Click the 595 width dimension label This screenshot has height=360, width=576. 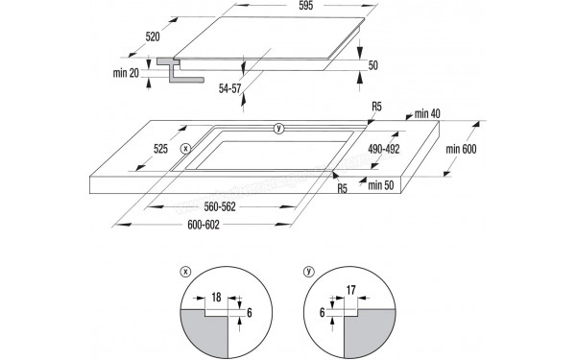point(305,6)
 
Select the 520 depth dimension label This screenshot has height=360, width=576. point(153,36)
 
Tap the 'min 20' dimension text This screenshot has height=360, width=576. point(126,73)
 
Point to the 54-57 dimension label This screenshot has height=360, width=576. point(230,88)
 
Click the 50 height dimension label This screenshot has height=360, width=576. point(372,65)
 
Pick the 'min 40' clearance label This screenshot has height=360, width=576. point(427,114)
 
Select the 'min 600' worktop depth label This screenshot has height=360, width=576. point(461,149)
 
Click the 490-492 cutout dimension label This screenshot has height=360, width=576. point(384,149)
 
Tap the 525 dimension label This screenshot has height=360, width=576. point(160,149)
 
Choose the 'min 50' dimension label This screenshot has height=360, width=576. point(381,185)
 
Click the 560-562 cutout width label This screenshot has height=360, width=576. point(220,206)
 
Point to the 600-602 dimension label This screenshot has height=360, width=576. point(204,225)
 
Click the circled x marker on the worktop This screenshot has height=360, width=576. point(186,149)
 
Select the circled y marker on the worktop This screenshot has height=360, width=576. point(279,129)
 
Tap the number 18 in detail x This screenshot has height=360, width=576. point(216,297)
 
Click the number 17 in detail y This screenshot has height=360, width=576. point(350,290)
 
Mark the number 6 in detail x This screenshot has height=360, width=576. point(250,313)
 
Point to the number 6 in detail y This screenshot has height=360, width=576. point(323,313)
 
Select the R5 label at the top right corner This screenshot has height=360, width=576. point(377,107)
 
